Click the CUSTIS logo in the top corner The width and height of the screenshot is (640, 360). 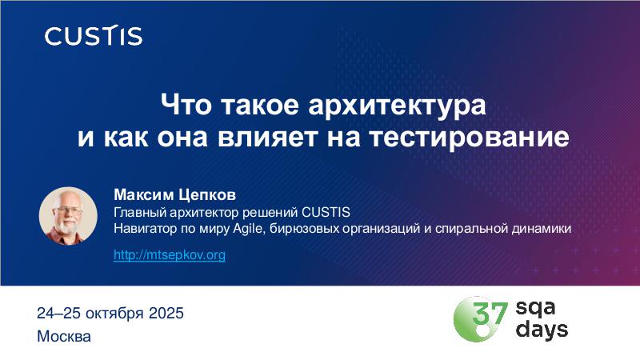tap(94, 35)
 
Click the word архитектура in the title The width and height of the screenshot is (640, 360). tap(397, 105)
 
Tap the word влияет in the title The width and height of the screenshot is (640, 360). tap(268, 137)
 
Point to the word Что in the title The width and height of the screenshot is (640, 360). tap(186, 105)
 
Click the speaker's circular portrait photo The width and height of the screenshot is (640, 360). tap(68, 216)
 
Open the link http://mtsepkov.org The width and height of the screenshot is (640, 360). tap(170, 254)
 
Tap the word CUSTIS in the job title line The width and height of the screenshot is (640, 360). tap(326, 212)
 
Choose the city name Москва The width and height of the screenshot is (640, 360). tap(64, 337)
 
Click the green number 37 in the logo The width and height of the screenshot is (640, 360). tap(490, 313)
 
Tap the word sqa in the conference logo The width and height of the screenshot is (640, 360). tap(535, 308)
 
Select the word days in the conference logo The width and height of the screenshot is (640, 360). tap(542, 329)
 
